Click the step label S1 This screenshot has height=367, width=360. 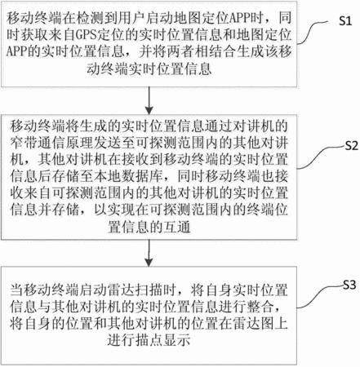345,20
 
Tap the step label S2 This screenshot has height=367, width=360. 352,146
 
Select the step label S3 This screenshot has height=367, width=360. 349,285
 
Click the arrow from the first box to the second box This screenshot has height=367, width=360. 149,100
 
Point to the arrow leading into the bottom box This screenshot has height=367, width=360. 149,253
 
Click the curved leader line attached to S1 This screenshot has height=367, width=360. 313,32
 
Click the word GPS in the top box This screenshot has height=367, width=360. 84,35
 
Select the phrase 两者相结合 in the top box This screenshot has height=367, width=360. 201,51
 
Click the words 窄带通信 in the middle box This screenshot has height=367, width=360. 38,143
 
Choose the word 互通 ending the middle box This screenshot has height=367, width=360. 176,227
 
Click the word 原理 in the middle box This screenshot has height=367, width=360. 79,143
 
